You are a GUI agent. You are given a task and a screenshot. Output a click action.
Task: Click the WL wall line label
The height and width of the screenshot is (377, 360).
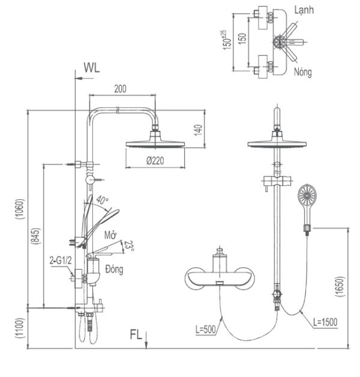[x=92, y=68]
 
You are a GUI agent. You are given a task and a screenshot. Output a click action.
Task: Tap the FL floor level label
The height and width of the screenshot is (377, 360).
[x=136, y=335]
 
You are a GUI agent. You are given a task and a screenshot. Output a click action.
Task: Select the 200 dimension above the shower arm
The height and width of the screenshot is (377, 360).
[x=120, y=89]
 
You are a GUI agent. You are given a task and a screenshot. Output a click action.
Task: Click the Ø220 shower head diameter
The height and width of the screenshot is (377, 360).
[x=155, y=160]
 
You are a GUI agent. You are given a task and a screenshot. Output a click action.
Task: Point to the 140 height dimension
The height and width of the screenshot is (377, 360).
[x=199, y=130]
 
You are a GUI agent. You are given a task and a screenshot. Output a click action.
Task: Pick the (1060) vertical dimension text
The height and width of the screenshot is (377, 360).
[x=20, y=209]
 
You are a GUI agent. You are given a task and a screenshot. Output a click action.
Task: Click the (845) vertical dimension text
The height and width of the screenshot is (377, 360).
[x=36, y=237]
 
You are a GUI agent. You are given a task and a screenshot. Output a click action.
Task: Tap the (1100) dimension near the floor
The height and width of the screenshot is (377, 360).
[x=20, y=328]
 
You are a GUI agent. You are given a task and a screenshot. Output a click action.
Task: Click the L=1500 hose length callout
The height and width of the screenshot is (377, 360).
[x=325, y=322]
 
